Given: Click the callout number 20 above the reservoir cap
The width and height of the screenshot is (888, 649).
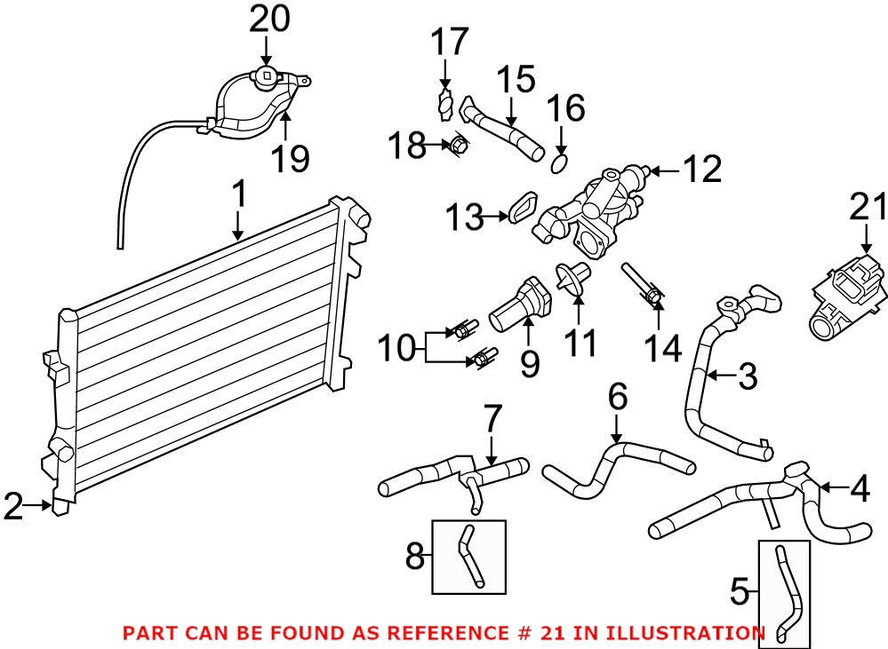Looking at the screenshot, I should click(268, 19).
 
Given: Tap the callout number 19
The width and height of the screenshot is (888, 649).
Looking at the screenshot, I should click(290, 159).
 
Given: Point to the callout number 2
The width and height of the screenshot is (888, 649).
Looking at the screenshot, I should click(12, 507).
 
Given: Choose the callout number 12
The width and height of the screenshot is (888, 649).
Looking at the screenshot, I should click(701, 169).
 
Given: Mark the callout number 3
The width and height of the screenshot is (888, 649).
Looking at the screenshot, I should click(747, 376).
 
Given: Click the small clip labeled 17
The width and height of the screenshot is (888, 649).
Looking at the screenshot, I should click(445, 107).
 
